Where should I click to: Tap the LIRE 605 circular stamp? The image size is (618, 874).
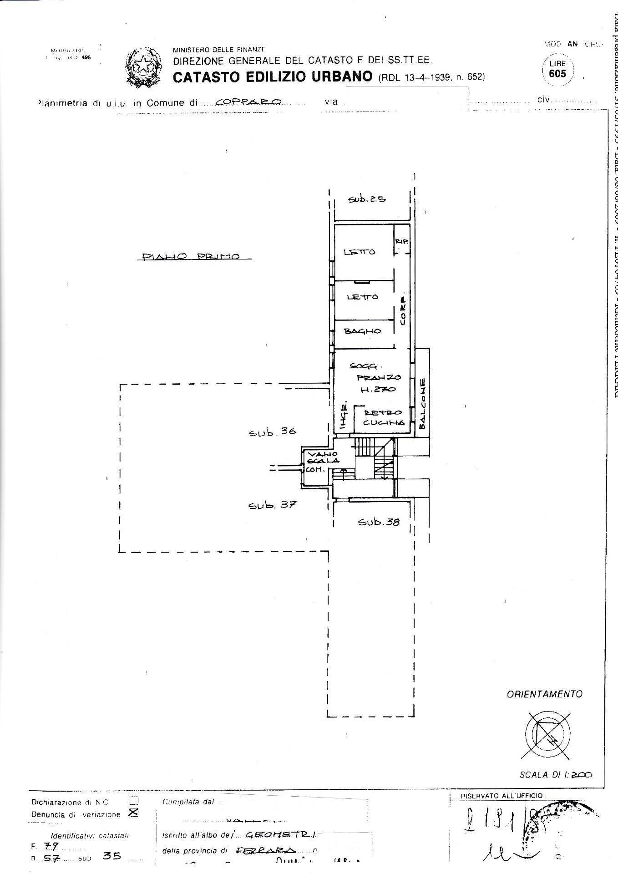557,69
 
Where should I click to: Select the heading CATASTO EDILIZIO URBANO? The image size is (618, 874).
273,76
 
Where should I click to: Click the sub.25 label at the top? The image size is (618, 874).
367,199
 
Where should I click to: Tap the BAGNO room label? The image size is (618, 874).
362,331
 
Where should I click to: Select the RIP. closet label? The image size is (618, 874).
401,241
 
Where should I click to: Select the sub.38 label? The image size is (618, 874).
379,522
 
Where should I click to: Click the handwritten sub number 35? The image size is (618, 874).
112,856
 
